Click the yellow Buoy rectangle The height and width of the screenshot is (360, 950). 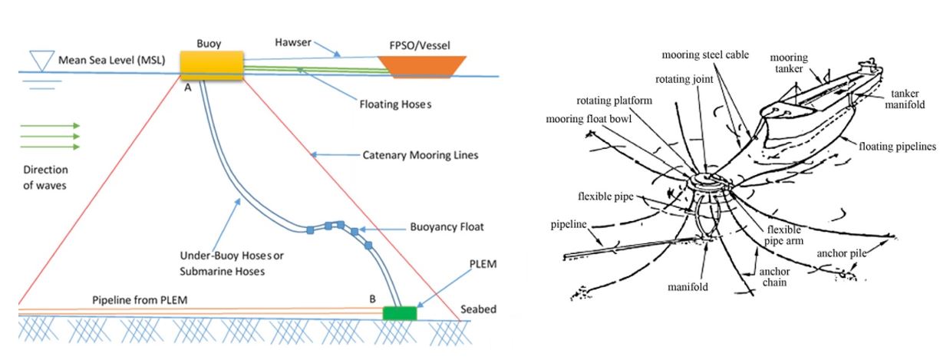212,65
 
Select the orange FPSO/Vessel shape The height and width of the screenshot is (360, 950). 423,66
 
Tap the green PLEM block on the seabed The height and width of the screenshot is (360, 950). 399,312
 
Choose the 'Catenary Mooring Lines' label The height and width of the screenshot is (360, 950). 420,155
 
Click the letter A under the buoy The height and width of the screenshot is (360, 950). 187,88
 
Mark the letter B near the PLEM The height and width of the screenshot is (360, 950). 372,299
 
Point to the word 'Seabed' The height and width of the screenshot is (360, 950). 478,310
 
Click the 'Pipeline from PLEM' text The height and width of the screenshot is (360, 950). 140,299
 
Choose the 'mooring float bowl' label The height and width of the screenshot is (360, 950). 591,119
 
